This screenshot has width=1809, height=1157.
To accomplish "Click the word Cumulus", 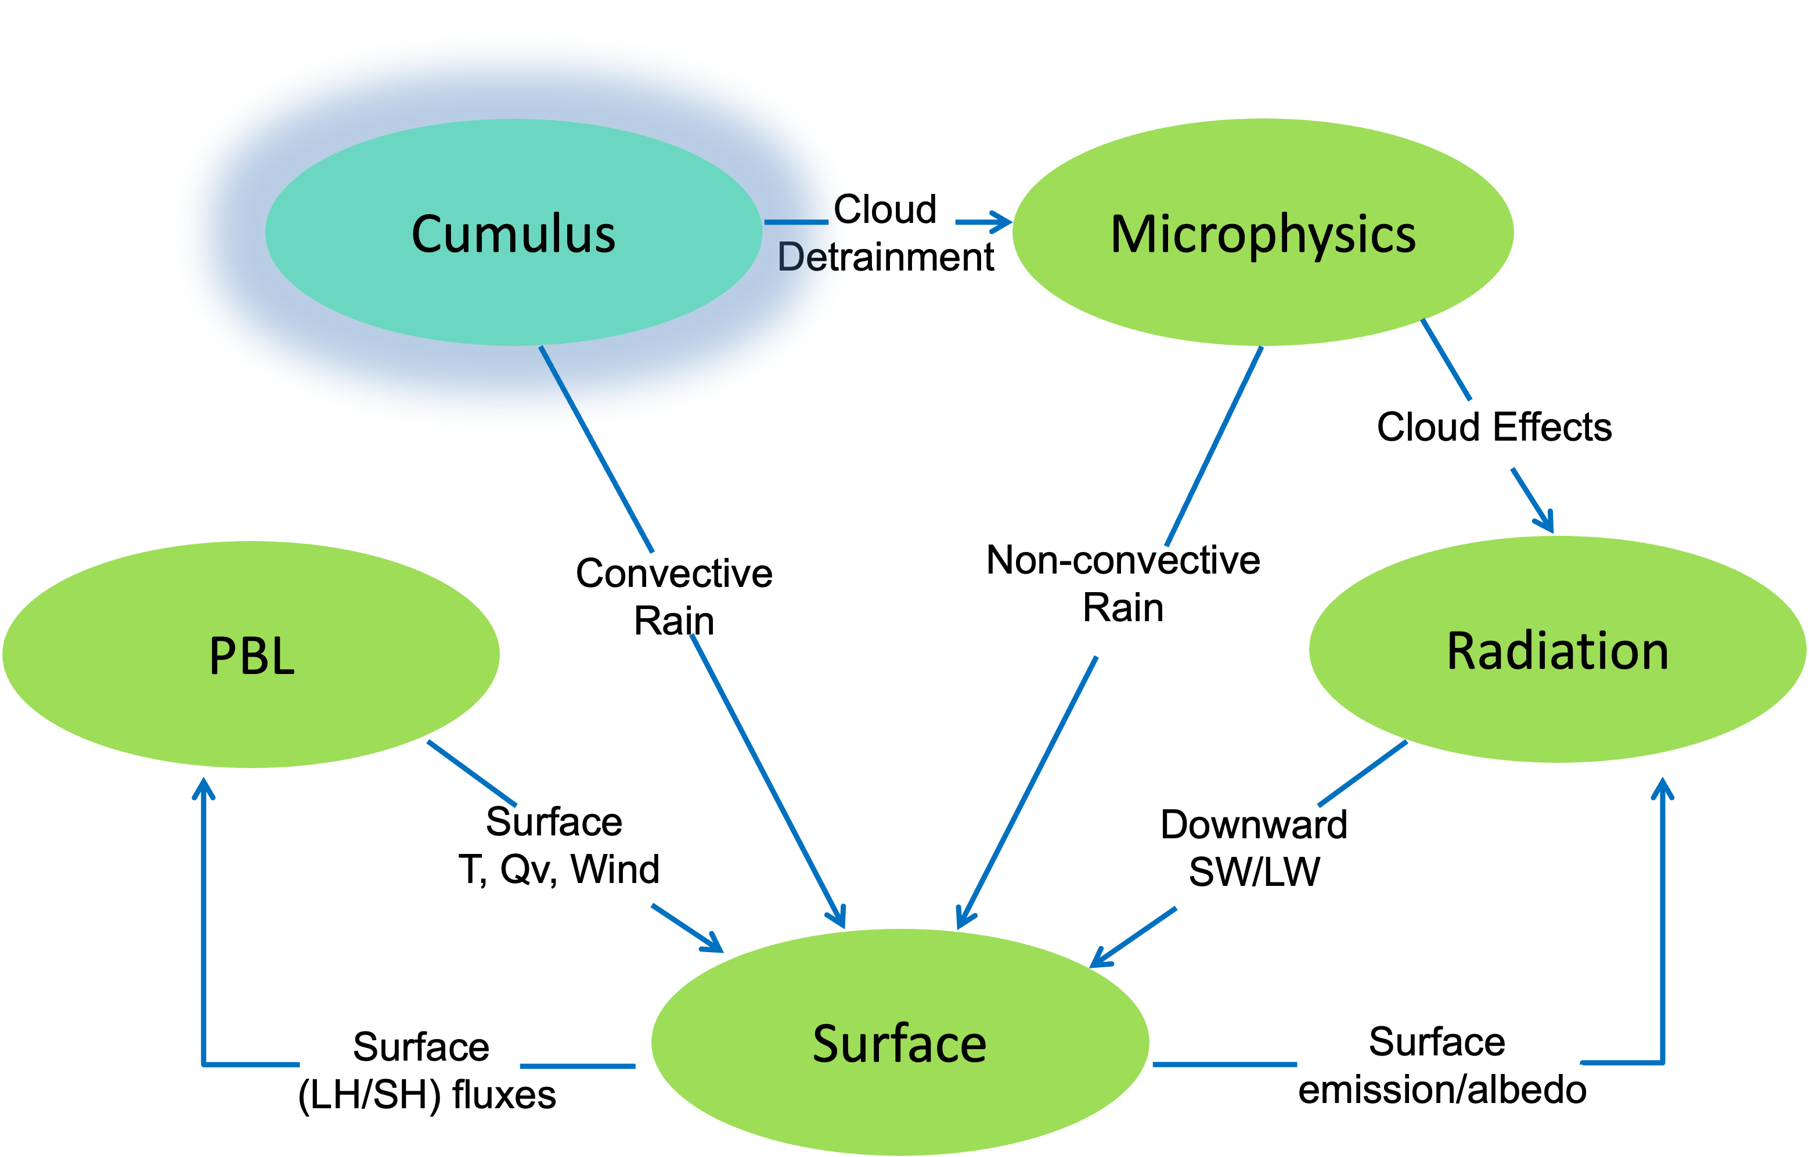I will pos(514,235).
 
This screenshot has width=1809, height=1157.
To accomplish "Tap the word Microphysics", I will pos(1263,235).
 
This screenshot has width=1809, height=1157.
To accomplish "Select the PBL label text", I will pos(251,656).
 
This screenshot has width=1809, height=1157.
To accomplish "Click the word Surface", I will pos(899,1044).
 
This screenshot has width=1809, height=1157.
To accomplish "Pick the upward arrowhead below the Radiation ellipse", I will pos(1663,787).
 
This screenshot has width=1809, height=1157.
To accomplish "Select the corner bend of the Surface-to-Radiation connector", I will pos(1663,1062).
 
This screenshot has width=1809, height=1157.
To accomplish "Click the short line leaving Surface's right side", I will pos(1224,1065).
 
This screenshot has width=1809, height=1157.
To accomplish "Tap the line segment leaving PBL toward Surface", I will pos(472,774).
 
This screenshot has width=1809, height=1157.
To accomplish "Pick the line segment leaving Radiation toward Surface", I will pos(1363,773).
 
